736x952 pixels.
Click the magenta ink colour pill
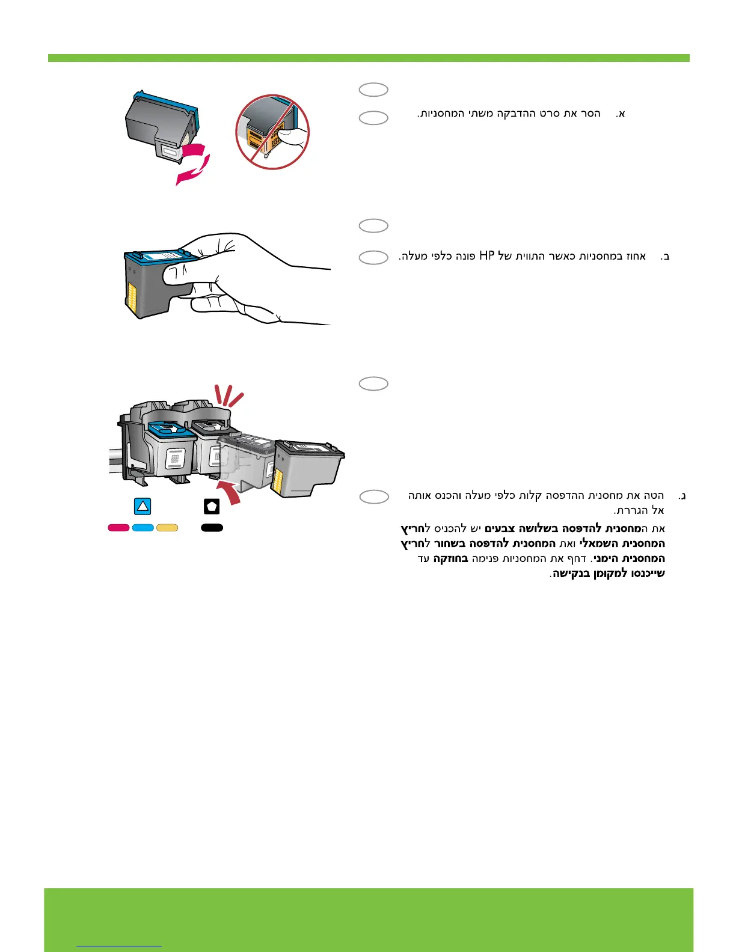(118, 528)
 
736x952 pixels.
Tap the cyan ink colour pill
(143, 528)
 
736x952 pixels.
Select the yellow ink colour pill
(167, 528)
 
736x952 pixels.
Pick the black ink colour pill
(212, 528)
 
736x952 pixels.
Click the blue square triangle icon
(143, 506)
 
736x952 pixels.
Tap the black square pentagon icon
(212, 506)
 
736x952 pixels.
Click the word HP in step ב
(486, 256)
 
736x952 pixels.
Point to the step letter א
(621, 114)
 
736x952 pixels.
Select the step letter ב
(665, 257)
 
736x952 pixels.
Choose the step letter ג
(682, 496)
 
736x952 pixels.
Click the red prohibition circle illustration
(272, 132)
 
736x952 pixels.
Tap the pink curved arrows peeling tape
(192, 162)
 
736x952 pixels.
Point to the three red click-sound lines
(230, 394)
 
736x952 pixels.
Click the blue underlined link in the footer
(120, 947)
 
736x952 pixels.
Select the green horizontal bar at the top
(368, 58)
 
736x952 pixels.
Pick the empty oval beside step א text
(373, 118)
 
